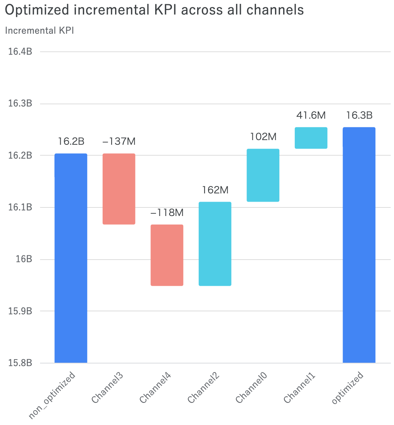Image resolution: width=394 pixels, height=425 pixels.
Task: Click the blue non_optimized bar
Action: coord(71,258)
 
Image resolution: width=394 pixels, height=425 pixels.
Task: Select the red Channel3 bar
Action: coord(119,189)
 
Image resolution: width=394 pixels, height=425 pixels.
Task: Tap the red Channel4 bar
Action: coord(167,255)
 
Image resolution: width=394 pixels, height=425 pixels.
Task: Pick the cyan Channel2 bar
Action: coord(215,244)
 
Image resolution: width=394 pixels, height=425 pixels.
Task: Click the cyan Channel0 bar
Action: coord(263,175)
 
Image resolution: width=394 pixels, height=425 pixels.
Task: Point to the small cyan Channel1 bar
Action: coord(311,138)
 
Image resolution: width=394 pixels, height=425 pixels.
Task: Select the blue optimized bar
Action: coord(359,245)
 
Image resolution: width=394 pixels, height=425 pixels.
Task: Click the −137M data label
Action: coord(119,141)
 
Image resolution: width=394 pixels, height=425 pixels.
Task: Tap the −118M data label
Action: coord(167,212)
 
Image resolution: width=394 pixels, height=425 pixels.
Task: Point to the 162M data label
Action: coord(215,190)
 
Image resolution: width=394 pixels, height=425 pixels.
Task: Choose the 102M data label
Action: coord(263,137)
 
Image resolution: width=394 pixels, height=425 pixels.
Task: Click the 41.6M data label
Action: coord(311,115)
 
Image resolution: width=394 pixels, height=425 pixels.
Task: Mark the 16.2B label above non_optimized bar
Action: coord(71,141)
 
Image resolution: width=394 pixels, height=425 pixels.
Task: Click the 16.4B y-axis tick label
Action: coord(20,51)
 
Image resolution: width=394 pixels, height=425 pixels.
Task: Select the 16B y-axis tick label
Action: coord(24,259)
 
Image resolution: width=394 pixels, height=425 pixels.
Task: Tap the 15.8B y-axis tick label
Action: coord(20,363)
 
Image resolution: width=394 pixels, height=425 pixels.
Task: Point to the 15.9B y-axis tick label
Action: coord(20,311)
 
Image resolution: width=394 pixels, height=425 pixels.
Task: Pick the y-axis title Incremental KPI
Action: coord(39,31)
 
